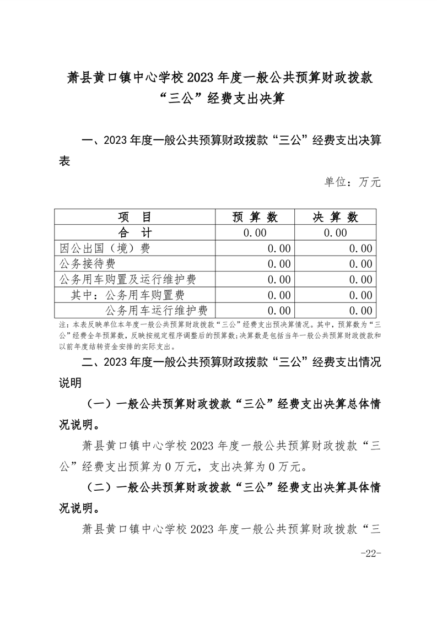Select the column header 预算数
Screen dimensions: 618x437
pos(255,217)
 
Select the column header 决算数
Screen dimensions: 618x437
pos(336,217)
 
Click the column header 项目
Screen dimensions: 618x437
pos(134,217)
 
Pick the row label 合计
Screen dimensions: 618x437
pos(134,232)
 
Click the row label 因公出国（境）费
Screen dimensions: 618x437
pos(104,248)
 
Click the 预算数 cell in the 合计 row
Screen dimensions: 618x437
pos(255,232)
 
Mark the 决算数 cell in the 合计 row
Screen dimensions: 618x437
pos(336,232)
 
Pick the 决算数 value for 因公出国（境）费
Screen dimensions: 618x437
pos(360,248)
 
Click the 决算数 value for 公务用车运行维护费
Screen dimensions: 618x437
pos(360,310)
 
